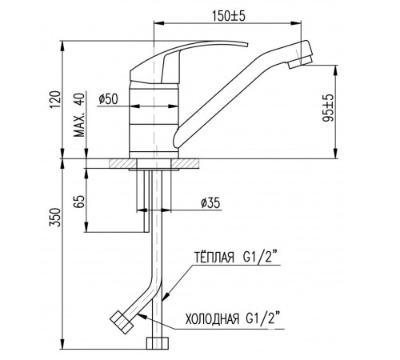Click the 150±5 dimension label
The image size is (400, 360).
pos(229,16)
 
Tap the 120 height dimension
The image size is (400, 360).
pos(55,99)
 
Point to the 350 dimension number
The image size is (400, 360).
pos(55,218)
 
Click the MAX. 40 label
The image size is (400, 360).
pos(79,115)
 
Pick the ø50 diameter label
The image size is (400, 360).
pos(108,99)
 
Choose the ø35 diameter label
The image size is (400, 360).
pos(210,203)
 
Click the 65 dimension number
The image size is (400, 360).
pos(79,202)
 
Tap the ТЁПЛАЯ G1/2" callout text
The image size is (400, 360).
pos(235,258)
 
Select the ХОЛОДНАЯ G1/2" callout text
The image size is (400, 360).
pos(234,318)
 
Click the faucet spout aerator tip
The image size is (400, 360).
pos(300,63)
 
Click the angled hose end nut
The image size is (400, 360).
pos(122,322)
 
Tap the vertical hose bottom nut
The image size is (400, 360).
pos(158,343)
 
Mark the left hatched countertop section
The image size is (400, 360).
pos(122,163)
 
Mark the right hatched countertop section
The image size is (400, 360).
pos(185,163)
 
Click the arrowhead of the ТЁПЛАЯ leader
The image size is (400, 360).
pos(166,297)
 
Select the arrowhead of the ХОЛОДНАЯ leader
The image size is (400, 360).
pos(142,315)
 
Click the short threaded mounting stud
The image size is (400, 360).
pos(146,201)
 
